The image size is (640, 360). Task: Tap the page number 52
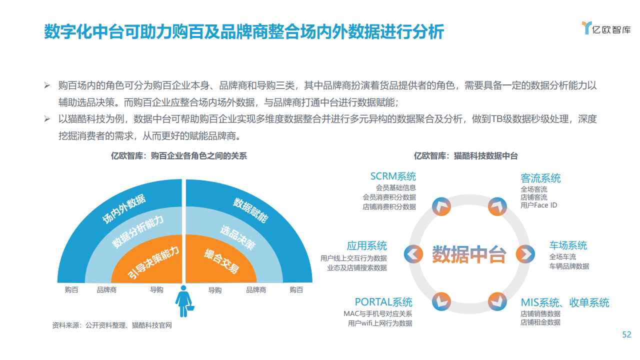626,334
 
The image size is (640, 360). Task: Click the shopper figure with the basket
184,301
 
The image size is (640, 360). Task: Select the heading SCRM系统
393,176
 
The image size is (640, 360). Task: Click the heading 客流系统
540,178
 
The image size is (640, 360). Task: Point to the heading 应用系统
366,245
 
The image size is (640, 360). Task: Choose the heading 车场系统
568,245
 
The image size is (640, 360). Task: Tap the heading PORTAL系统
383,302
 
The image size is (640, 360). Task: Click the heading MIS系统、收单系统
565,302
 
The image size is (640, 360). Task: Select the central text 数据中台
469,254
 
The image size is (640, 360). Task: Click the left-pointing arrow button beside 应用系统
413,254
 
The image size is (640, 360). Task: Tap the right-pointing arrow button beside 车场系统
525,254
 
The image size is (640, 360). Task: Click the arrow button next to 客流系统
497,206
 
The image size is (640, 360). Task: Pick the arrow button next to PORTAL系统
441,301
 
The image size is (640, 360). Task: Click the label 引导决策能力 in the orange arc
153,262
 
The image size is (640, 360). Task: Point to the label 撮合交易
221,261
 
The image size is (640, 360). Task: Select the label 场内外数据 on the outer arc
123,209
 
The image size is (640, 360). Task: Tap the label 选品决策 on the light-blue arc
238,237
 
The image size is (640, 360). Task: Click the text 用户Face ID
538,205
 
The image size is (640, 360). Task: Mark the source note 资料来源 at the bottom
112,325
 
